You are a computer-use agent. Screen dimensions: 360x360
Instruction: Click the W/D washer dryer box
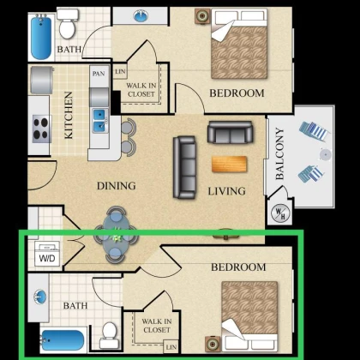pyautogui.click(x=47, y=254)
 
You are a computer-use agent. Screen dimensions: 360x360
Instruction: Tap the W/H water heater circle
pyautogui.click(x=280, y=213)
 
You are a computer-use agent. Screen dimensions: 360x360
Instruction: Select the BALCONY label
pyautogui.click(x=279, y=153)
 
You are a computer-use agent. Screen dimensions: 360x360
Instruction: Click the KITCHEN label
pyautogui.click(x=69, y=115)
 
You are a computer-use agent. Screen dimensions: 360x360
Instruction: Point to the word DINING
pyautogui.click(x=117, y=186)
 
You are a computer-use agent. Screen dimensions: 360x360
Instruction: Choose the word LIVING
pyautogui.click(x=226, y=191)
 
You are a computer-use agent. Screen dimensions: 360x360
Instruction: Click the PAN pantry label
pyautogui.click(x=99, y=74)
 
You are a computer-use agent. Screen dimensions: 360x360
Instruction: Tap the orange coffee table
pyautogui.click(x=229, y=165)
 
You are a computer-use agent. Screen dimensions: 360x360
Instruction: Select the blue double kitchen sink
pyautogui.click(x=100, y=120)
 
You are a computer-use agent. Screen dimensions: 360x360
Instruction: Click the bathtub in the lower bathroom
pyautogui.click(x=63, y=340)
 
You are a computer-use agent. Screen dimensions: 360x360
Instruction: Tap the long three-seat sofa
pyautogui.click(x=184, y=167)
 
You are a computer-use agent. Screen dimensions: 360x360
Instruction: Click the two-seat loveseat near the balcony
pyautogui.click(x=230, y=132)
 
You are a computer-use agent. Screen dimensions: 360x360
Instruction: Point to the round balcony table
pyautogui.click(x=325, y=154)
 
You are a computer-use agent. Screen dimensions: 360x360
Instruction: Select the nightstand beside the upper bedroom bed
pyautogui.click(x=203, y=15)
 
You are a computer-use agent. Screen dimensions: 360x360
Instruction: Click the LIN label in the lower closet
pyautogui.click(x=171, y=347)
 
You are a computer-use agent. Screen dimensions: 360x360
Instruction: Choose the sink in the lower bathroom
pyautogui.click(x=39, y=297)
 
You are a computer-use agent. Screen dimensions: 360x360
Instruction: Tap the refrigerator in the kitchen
pyautogui.click(x=42, y=81)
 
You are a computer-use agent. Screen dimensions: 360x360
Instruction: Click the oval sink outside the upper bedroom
pyautogui.click(x=141, y=15)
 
